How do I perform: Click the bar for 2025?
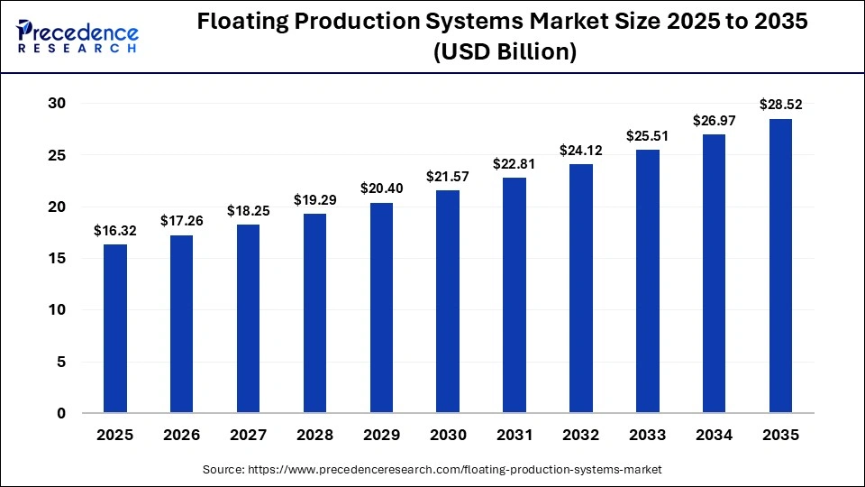(115, 329)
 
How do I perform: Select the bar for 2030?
(448, 302)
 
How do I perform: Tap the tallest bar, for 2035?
(780, 266)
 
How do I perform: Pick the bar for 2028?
(314, 314)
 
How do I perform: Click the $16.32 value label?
(115, 231)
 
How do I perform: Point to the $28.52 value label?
(780, 106)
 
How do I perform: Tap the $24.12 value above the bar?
(581, 151)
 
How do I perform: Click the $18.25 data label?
(249, 211)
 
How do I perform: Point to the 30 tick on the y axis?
(57, 104)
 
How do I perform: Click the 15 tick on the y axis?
(57, 259)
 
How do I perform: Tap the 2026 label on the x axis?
(182, 435)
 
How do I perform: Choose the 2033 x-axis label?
(647, 435)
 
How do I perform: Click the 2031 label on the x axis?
(514, 435)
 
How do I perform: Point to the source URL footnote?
(432, 469)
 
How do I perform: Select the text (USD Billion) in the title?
(505, 53)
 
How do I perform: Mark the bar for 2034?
(714, 274)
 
